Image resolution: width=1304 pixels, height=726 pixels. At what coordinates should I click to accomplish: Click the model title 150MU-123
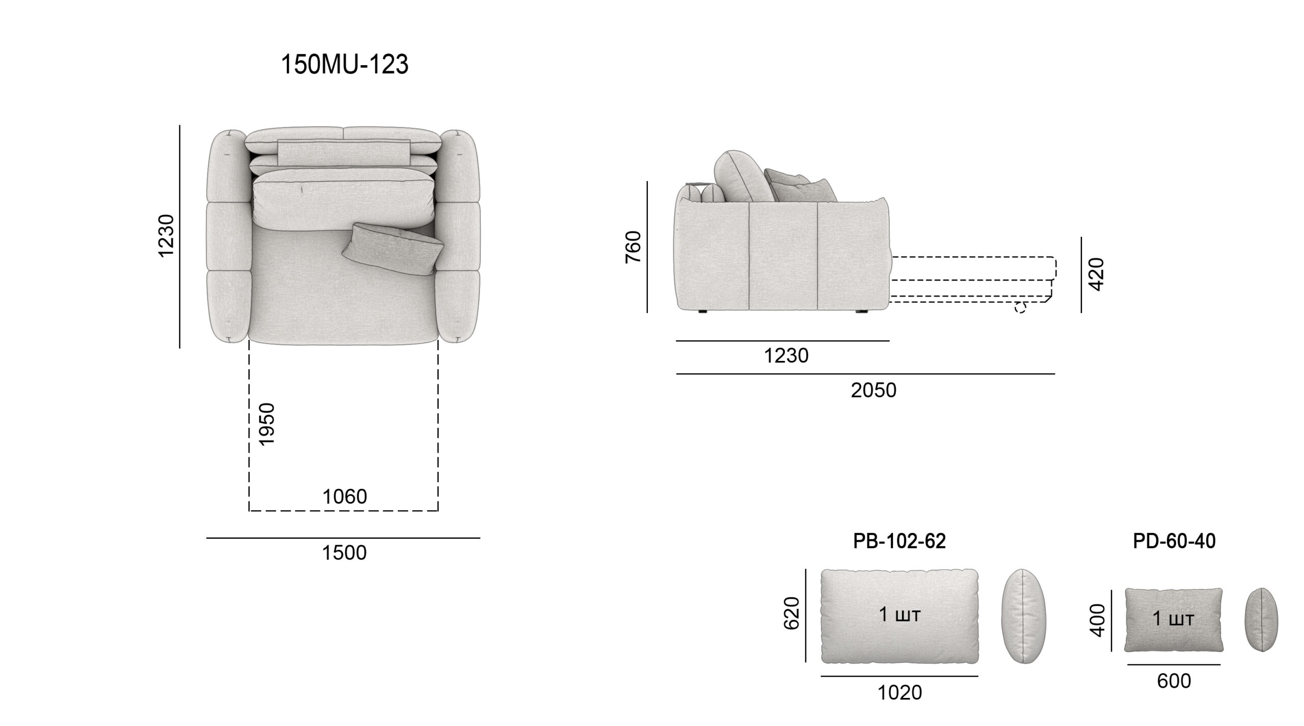[x=345, y=65]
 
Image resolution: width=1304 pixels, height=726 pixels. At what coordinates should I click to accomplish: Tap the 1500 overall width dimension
[x=344, y=553]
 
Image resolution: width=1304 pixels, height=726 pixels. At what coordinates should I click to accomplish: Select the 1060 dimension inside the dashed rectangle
[x=345, y=497]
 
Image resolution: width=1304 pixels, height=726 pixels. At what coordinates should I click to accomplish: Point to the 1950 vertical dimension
[x=267, y=425]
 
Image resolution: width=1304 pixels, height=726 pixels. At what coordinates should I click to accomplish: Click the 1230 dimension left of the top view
[x=167, y=236]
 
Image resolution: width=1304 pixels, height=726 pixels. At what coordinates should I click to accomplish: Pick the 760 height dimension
[x=634, y=247]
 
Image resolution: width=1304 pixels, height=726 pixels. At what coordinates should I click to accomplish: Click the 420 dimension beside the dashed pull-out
[x=1098, y=274]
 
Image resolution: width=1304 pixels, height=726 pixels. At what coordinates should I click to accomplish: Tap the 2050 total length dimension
[x=874, y=390]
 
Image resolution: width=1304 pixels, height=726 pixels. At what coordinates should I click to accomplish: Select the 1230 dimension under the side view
[x=786, y=356]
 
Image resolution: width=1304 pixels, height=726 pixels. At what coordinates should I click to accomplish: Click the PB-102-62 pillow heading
[x=900, y=541]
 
